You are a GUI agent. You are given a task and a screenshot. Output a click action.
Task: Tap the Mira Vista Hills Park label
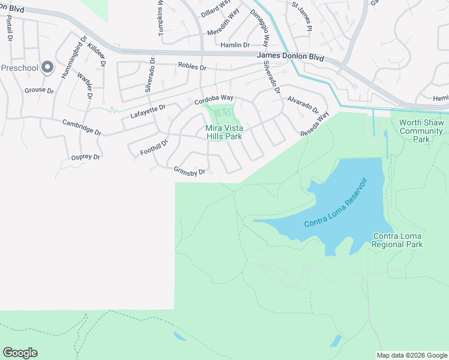[x=224, y=132]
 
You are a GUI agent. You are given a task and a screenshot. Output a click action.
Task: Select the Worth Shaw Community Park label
[x=421, y=131]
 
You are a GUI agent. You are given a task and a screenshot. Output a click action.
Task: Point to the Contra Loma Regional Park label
[x=397, y=240]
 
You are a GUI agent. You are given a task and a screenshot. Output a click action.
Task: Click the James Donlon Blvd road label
[x=290, y=56]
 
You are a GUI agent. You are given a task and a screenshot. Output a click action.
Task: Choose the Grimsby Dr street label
[x=190, y=171]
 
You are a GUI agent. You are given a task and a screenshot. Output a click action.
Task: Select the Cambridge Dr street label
[x=82, y=127]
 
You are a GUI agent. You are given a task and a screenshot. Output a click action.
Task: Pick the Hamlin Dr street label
[x=235, y=45]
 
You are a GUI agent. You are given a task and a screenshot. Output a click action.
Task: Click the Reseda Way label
[x=315, y=125]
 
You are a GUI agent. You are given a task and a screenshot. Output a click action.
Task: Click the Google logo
[x=20, y=353]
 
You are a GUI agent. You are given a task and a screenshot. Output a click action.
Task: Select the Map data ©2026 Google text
[x=411, y=355]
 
